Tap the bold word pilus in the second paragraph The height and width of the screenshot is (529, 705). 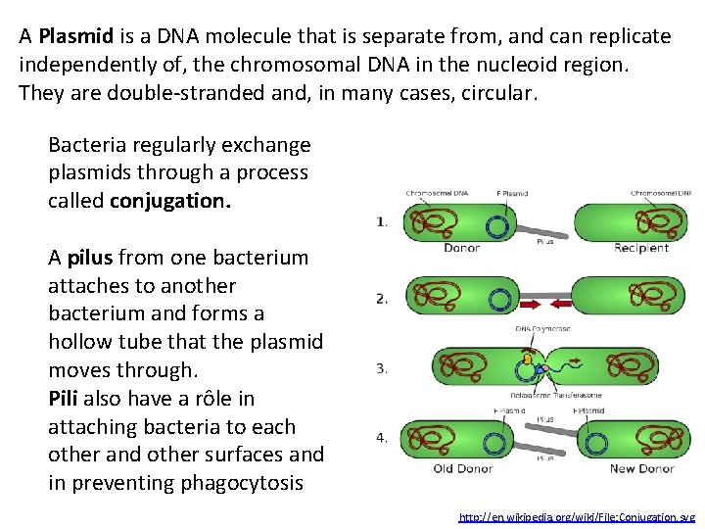pos(92,259)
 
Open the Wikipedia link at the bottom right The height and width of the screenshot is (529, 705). pos(577,516)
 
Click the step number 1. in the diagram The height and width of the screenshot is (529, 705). pos(382,222)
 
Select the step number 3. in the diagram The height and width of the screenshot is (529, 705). pos(382,369)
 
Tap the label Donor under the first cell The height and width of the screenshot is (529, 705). pos(461,248)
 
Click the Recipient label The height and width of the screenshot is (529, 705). pos(640,248)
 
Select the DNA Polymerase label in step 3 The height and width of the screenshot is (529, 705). pos(542,328)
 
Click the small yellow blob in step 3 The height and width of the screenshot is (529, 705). pos(528,360)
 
